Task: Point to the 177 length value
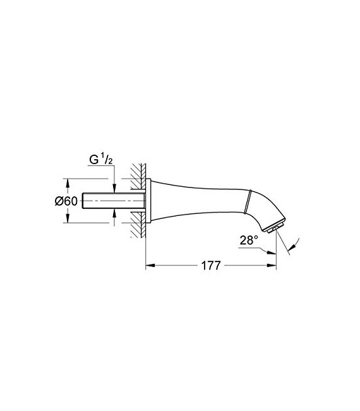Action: pos(210,266)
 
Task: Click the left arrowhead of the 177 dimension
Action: pos(149,266)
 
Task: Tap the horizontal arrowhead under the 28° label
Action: pos(272,253)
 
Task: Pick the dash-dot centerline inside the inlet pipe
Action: pos(114,201)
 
